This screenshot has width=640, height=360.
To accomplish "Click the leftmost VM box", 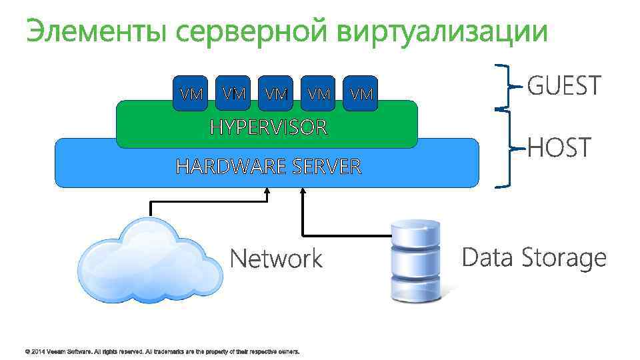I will pos(192,93).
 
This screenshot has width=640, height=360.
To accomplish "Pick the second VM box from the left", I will pos(234,92).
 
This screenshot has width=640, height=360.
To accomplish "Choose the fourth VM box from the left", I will pos(319,93).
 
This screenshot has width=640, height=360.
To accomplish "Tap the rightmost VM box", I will pos(361,93).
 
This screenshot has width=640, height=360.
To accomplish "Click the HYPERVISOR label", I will pos(269,127).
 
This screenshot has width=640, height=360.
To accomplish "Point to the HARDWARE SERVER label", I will pos(268,166).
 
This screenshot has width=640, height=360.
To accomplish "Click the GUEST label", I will pos(564,86).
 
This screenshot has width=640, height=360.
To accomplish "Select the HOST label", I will pos(559,147).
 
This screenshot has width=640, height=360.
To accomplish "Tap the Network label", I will pos(276,259).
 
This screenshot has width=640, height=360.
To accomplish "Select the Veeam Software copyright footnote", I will pos(162,351).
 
